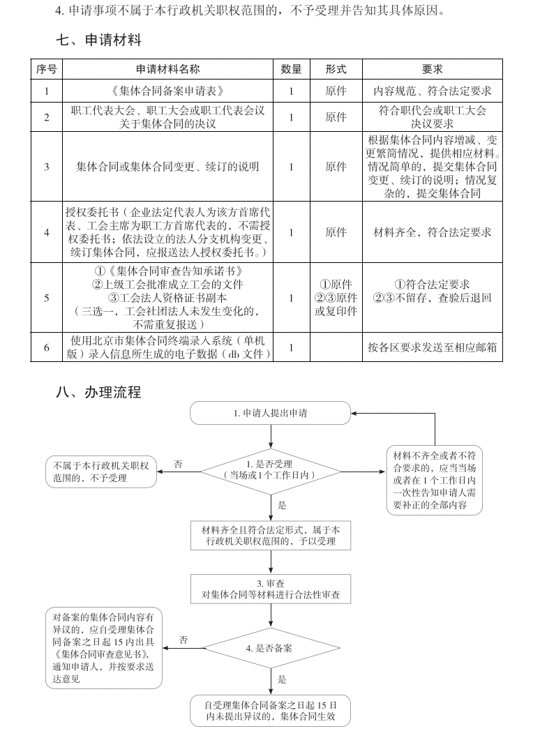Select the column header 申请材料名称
[x=167, y=69]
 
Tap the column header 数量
[x=291, y=69]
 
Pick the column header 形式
[x=336, y=69]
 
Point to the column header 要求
[x=433, y=69]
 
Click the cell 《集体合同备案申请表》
[x=167, y=91]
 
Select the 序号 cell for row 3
[x=47, y=167]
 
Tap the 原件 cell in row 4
[x=336, y=232]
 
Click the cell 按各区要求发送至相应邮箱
[x=433, y=347]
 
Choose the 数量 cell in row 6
[x=291, y=347]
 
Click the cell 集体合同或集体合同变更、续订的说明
[x=167, y=167]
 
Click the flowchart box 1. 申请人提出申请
[x=270, y=413]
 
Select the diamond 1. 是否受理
[x=270, y=469]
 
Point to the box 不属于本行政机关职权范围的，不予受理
[x=101, y=469]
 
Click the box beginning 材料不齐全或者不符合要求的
[x=435, y=481]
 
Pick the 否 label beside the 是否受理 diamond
[x=178, y=463]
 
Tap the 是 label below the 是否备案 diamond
[x=282, y=679]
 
